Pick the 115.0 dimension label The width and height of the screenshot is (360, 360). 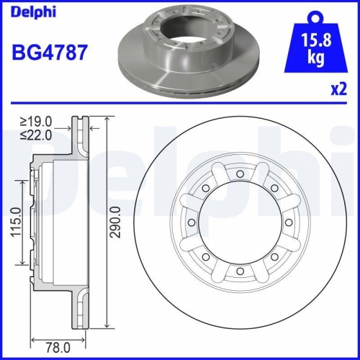click(x=14, y=225)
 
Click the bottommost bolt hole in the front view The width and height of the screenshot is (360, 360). click(x=239, y=271)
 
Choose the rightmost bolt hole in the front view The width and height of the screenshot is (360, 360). click(x=288, y=222)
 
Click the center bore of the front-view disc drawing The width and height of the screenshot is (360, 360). click(x=239, y=222)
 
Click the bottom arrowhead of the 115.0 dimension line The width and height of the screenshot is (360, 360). click(x=24, y=266)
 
